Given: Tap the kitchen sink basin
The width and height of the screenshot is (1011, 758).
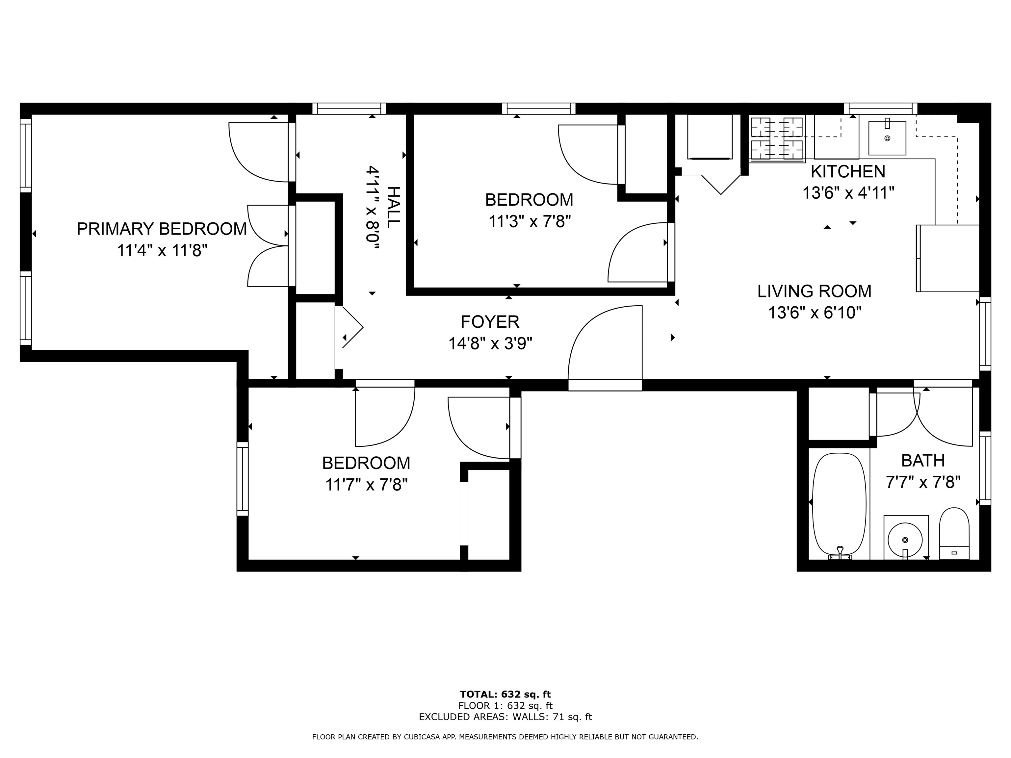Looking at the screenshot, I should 887,138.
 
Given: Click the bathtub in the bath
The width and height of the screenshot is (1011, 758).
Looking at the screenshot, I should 839,504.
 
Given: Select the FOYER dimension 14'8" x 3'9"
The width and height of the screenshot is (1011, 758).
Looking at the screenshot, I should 490,343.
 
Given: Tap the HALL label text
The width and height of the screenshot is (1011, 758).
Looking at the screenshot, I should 393,207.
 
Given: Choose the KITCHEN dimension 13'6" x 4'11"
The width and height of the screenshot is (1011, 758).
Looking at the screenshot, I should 848,193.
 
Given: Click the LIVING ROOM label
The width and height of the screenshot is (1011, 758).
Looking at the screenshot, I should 814,291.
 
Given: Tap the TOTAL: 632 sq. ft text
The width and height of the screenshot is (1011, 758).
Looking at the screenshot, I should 505,695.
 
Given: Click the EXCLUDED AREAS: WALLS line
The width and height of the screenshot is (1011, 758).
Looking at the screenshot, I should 505,717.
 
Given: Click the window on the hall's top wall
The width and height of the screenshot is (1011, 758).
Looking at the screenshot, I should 349,108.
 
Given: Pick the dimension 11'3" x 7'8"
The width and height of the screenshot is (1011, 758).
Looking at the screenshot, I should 529,222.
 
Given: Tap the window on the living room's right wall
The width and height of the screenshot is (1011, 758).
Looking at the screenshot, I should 985,334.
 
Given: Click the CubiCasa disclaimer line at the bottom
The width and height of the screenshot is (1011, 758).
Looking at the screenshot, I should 505,737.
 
